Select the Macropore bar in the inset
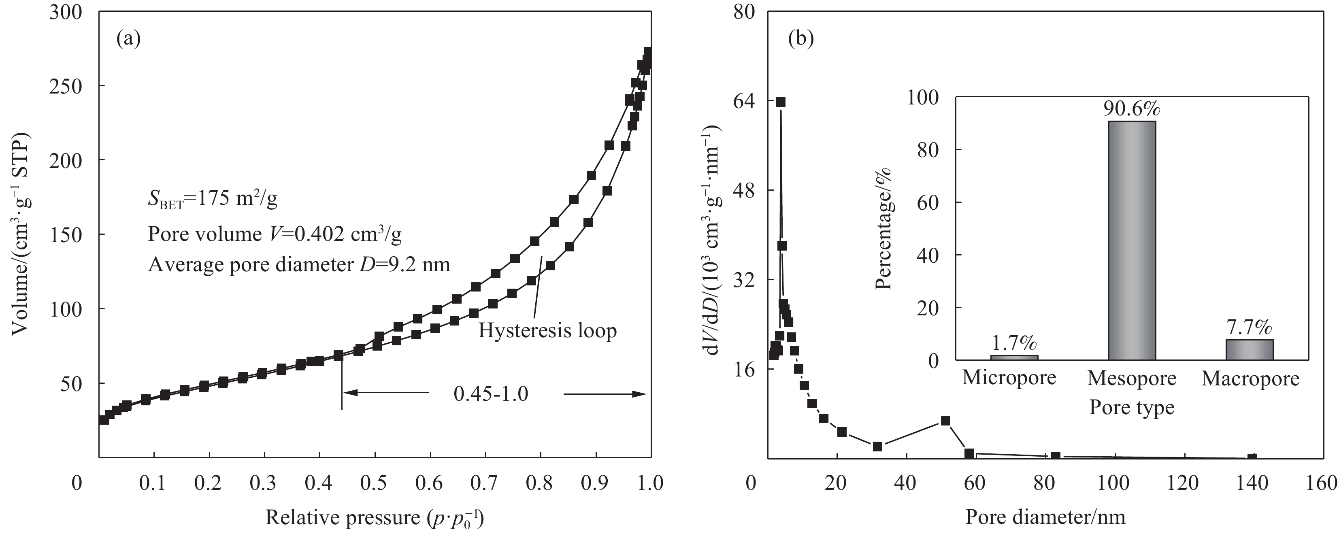(1250, 349)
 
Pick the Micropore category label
(1009, 378)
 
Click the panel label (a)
(129, 39)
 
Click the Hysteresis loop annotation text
(547, 331)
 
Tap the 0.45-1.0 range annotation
(491, 393)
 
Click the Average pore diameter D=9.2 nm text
(299, 265)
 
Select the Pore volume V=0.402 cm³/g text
(275, 234)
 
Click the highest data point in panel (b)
(781, 102)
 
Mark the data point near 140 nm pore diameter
(1252, 458)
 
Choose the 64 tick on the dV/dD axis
(743, 101)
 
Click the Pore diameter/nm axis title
(1045, 517)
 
